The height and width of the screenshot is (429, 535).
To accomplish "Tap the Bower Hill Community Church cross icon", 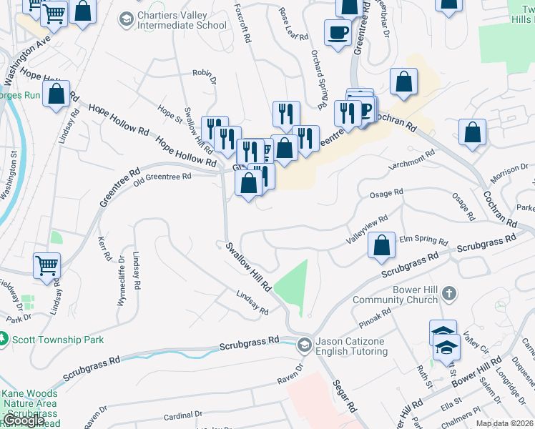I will (x=448, y=293).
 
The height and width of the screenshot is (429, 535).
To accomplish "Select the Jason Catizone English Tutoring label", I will (x=350, y=346).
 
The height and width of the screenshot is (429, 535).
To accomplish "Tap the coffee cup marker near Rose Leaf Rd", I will (x=337, y=31).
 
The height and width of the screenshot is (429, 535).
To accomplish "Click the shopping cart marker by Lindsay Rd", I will (x=46, y=265).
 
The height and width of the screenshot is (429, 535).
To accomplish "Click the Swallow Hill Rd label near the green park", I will (x=249, y=266).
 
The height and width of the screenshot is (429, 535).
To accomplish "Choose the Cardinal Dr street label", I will (x=183, y=414).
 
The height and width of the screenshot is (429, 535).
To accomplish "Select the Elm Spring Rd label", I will (x=423, y=241).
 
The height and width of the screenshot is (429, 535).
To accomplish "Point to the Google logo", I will (x=23, y=420).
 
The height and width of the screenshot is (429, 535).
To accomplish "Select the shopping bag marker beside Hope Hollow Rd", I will (x=56, y=94).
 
